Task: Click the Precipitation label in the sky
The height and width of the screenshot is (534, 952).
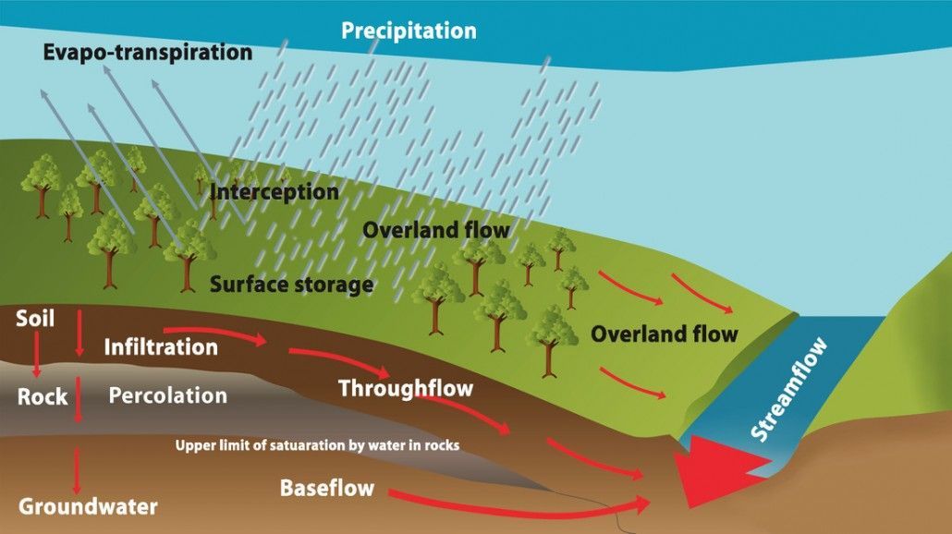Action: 409,30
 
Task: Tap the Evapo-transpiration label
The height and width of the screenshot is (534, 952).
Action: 147,52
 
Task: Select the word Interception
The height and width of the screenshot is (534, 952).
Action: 275,193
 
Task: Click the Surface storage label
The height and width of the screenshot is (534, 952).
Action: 291,284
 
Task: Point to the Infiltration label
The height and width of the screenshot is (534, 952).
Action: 161,347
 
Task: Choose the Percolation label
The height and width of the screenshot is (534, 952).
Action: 167,395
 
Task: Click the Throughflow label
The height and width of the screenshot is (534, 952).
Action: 405,387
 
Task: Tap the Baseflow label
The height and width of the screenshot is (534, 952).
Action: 326,487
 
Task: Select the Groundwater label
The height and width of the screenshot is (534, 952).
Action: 88,506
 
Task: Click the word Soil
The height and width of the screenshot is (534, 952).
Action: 36,320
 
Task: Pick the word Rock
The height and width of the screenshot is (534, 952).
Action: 43,396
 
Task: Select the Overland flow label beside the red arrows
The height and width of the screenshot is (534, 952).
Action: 664,333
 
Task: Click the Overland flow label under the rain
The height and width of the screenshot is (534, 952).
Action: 435,229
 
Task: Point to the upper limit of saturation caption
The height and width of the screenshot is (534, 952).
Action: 317,445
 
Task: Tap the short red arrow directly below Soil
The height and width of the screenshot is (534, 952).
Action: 37,356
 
